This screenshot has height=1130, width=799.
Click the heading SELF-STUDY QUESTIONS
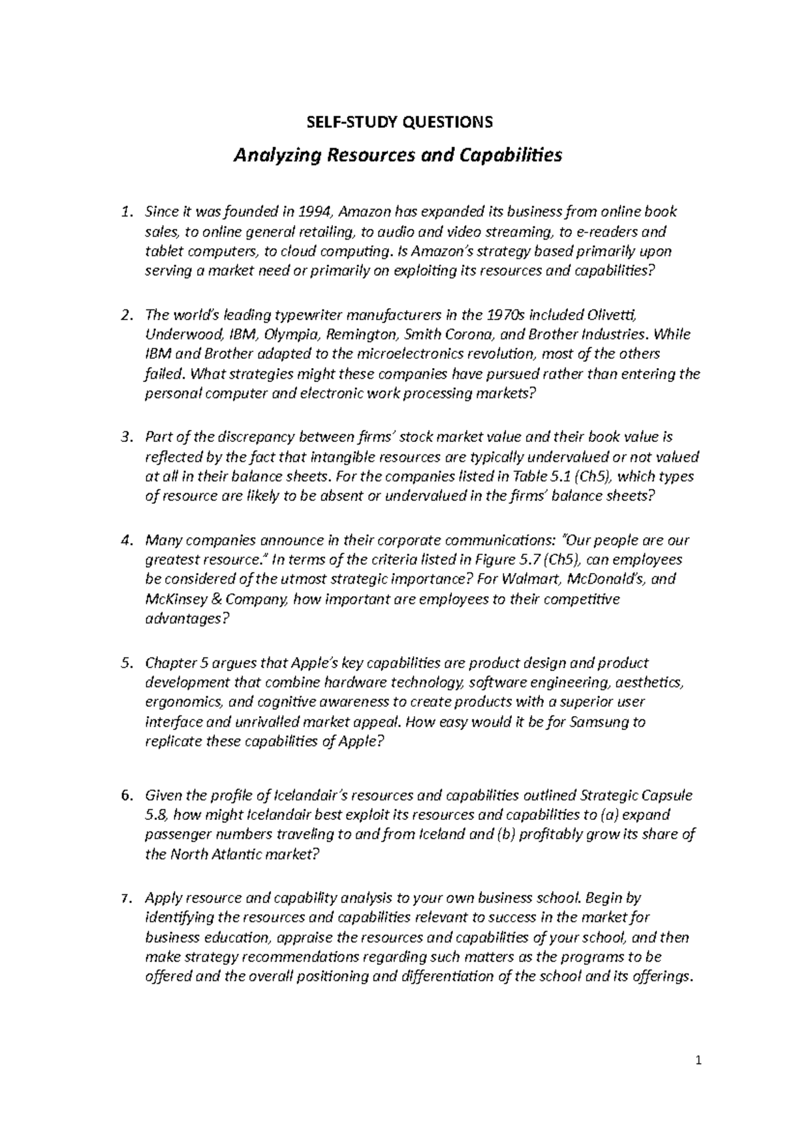[399, 122]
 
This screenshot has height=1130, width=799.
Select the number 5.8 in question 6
[155, 815]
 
